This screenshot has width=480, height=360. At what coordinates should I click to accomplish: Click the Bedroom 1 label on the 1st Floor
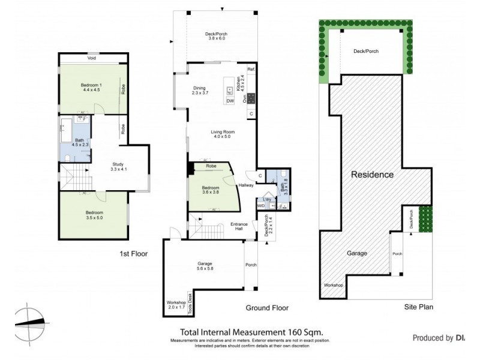tap(91, 88)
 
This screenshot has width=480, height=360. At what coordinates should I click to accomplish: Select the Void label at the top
tap(92, 58)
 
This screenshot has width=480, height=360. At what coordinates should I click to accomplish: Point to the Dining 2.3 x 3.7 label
tap(199, 90)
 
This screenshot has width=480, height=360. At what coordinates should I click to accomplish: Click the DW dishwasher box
tap(230, 101)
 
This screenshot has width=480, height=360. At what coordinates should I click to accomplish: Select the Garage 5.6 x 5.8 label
tap(205, 266)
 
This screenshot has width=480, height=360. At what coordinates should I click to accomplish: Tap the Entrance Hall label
tap(239, 227)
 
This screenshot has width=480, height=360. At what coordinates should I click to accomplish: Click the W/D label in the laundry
tap(260, 206)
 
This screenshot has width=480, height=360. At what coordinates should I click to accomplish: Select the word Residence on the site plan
tap(372, 175)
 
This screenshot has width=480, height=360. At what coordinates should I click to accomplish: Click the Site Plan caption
tap(419, 307)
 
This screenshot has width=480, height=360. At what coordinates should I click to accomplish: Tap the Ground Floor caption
tap(266, 308)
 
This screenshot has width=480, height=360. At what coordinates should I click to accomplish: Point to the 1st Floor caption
tap(133, 254)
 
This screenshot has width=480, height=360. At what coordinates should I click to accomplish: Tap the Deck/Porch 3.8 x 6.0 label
tap(220, 36)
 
